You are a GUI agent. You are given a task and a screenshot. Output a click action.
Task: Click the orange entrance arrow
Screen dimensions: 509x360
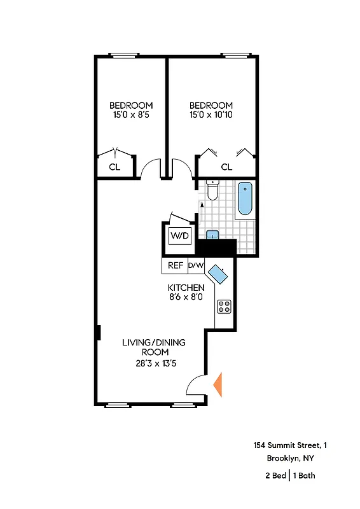218,385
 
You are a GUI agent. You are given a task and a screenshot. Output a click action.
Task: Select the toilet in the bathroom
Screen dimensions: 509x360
212,190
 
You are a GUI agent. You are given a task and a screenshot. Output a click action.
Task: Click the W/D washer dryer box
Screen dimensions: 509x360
179,236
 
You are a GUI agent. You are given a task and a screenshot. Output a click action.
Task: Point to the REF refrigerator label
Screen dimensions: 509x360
175,265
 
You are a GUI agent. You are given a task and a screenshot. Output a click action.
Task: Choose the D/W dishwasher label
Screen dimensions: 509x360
195,265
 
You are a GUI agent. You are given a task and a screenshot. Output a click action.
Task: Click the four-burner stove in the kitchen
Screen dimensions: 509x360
225,307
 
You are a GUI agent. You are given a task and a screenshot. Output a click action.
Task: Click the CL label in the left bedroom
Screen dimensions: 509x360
114,167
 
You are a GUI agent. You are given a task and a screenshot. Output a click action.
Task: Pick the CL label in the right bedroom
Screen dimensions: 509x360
226,167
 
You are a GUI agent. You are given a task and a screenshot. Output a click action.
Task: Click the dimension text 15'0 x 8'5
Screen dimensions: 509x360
131,116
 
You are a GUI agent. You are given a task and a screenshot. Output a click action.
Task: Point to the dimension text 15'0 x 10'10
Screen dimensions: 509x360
211,116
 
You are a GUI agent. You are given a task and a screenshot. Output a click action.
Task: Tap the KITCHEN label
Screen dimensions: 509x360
186,287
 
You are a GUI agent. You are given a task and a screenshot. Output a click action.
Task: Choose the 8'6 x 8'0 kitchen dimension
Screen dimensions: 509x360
186,297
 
